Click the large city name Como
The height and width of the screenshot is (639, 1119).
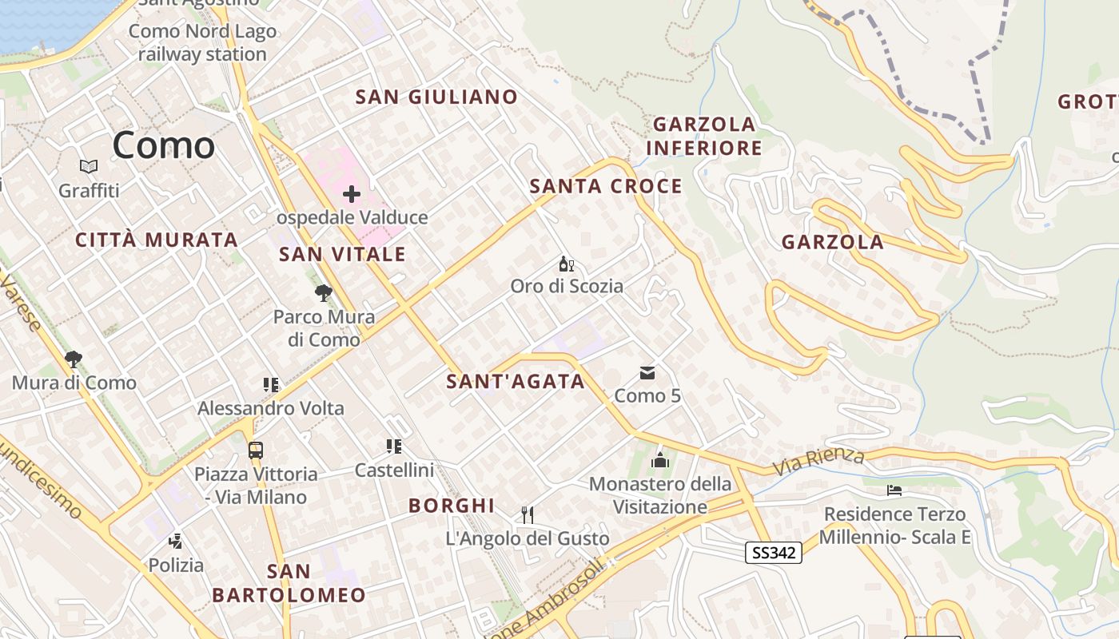pyautogui.click(x=164, y=145)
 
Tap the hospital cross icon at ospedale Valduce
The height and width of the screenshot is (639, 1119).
pyautogui.click(x=352, y=194)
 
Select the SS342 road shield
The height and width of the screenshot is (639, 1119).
pyautogui.click(x=774, y=553)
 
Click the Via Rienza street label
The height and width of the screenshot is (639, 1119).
pyautogui.click(x=819, y=461)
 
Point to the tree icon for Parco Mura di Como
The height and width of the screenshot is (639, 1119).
pyautogui.click(x=323, y=293)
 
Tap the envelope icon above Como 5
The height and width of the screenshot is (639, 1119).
pyautogui.click(x=647, y=373)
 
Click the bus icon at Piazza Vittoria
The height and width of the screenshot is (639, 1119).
pyautogui.click(x=256, y=450)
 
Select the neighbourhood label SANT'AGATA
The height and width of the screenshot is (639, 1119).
pyautogui.click(x=516, y=382)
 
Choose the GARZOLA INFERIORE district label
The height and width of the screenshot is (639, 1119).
pyautogui.click(x=704, y=136)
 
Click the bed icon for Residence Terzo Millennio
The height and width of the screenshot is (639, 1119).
pyautogui.click(x=894, y=490)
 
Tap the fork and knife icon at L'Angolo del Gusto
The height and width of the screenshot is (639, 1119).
pyautogui.click(x=527, y=515)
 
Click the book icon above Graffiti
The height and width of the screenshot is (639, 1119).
pyautogui.click(x=89, y=167)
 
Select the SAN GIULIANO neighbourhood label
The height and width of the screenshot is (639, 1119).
pyautogui.click(x=436, y=97)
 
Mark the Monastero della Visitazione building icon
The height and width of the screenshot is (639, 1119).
pyautogui.click(x=660, y=460)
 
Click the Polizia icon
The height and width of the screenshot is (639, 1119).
pyautogui.click(x=176, y=542)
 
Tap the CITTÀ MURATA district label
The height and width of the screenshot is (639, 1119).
pyautogui.click(x=157, y=240)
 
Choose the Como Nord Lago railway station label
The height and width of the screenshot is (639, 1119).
pyautogui.click(x=202, y=43)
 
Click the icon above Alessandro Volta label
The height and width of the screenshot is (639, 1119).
pyautogui.click(x=271, y=385)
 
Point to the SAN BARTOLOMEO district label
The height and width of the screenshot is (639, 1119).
pyautogui.click(x=289, y=583)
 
